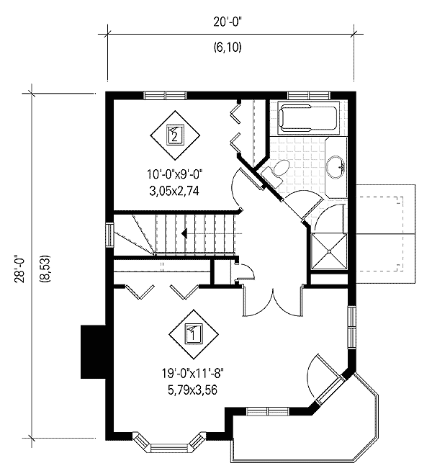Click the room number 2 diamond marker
pos(176,133)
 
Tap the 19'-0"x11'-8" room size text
pos(193,373)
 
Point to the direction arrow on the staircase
pos(184,233)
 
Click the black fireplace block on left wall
pos(93,351)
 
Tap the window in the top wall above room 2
pos(165,94)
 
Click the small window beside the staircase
pos(109,235)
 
